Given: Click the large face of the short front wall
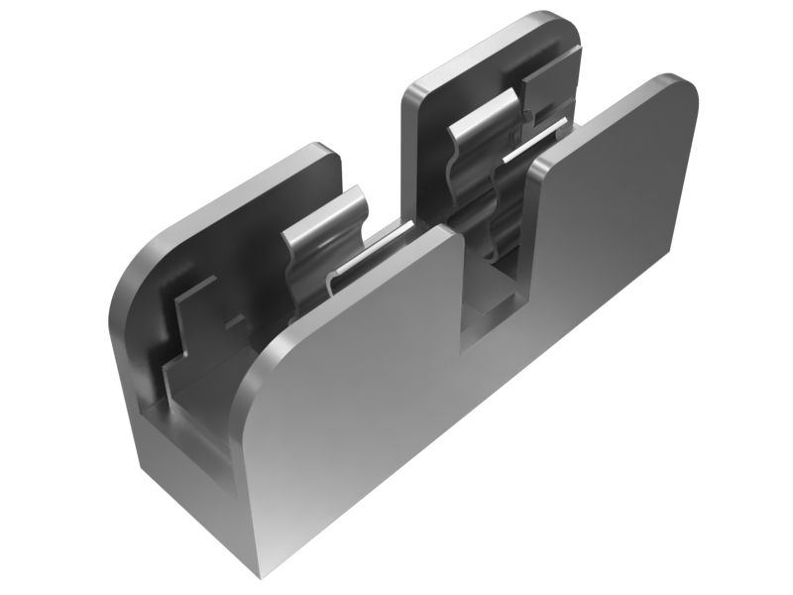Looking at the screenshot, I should (357, 397).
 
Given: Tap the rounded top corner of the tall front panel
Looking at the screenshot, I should (679, 87).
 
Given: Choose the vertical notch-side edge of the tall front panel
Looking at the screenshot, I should (530, 248).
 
